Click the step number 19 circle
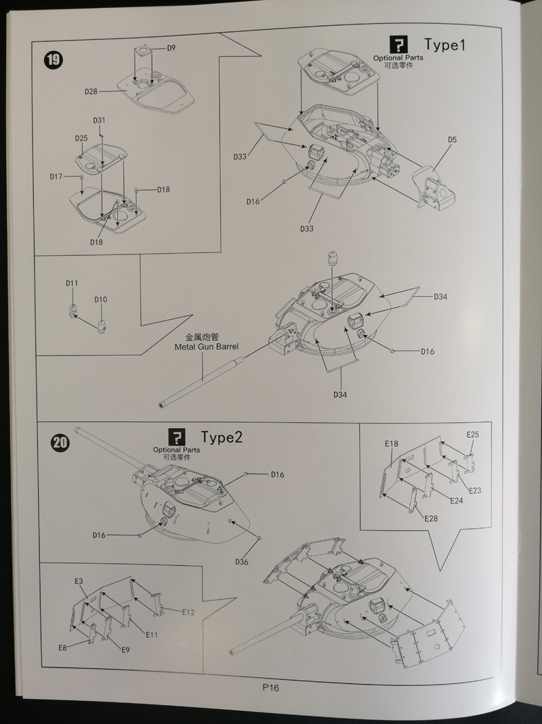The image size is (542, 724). point(53,60)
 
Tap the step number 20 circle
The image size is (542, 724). point(61,442)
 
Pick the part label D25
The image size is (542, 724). point(81,138)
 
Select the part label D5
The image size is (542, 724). point(452,140)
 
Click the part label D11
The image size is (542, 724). point(72,282)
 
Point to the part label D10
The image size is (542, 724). point(100,299)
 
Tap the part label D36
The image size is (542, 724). point(243,561)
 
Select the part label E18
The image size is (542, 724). point(391,444)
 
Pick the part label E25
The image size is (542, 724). point(472,434)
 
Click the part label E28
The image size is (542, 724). point(431,518)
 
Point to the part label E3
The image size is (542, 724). point(79,582)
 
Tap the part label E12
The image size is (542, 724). point(188,613)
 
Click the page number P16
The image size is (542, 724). point(271,687)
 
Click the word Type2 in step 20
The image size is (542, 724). point(222,436)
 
